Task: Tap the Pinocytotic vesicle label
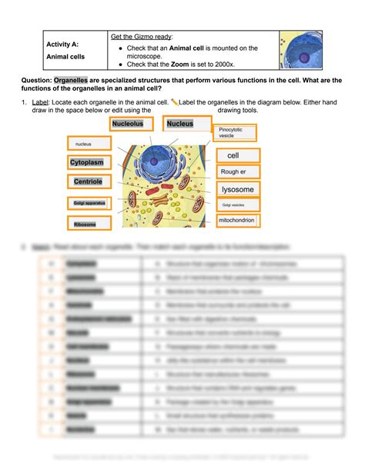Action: (236, 134)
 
